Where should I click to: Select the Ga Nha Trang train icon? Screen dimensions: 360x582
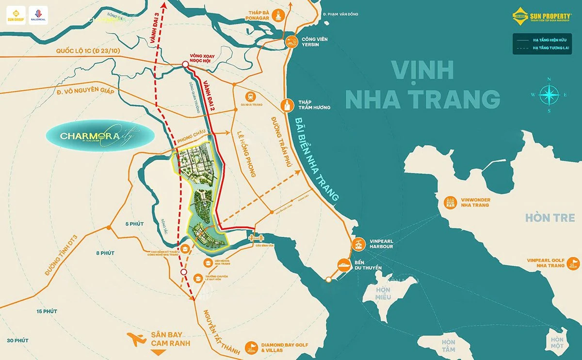[251, 97]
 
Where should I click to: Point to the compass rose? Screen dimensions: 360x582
[549, 95]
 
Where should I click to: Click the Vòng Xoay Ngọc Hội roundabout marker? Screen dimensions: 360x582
[185, 65]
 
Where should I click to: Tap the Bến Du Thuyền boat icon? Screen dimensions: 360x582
[344, 265]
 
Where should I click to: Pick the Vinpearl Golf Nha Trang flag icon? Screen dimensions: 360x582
[574, 263]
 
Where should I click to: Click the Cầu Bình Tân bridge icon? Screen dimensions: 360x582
[255, 237]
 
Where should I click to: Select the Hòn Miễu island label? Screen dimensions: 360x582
[382, 294]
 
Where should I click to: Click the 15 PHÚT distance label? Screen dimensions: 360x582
[47, 311]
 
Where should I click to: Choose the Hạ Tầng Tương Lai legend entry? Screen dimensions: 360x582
[544, 48]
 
